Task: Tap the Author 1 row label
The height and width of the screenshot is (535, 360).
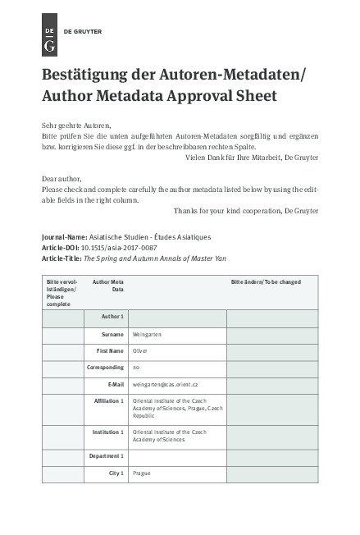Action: tap(112, 316)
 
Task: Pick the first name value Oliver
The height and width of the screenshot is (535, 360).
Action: tap(140, 351)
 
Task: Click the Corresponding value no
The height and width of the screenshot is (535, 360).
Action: tap(136, 368)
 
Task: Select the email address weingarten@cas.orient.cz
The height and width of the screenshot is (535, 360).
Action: tap(166, 383)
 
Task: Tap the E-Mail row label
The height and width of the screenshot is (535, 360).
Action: tap(116, 383)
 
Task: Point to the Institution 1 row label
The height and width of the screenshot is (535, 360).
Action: tap(108, 432)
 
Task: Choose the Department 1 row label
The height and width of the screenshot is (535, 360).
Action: tap(107, 455)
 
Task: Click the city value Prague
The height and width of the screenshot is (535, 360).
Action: tap(142, 473)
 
